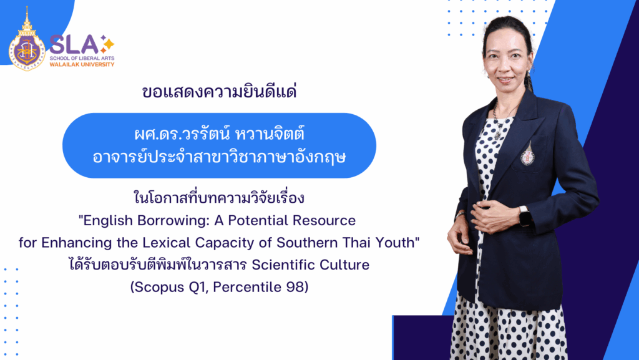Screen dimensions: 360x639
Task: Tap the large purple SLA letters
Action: (74, 44)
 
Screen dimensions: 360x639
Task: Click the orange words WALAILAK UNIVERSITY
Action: (82, 64)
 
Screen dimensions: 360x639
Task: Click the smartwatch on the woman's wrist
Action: (524, 215)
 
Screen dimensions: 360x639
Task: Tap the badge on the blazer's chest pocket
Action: (527, 154)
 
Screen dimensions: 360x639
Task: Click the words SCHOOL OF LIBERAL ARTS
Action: (82, 58)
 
